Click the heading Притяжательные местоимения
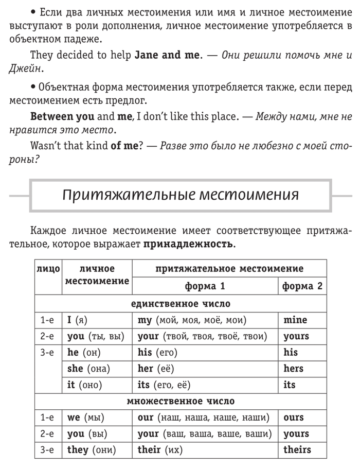[x=181, y=196]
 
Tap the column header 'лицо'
[x=48, y=269]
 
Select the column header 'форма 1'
[x=205, y=286]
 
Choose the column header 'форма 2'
[x=302, y=286]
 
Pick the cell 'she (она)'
[x=89, y=369]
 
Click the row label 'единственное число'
[x=181, y=303]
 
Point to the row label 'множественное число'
[x=181, y=401]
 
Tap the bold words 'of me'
[x=124, y=146]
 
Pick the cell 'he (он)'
[x=84, y=352]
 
